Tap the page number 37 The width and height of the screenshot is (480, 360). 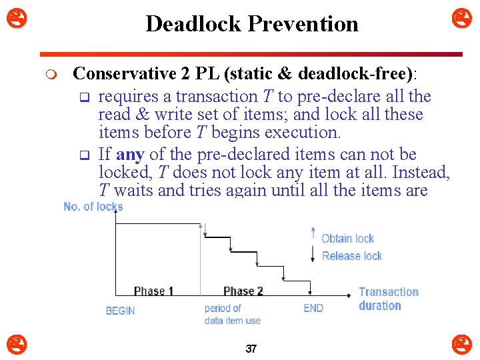tap(251, 349)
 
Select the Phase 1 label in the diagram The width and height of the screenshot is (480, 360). tap(153, 291)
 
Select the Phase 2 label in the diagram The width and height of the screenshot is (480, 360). tap(243, 291)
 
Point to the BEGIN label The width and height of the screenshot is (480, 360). tap(120, 311)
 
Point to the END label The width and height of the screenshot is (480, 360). tap(313, 308)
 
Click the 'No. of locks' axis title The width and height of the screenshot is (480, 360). tap(93, 207)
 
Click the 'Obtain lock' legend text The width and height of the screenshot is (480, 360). tap(348, 239)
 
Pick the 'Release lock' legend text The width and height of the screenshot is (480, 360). tap(352, 256)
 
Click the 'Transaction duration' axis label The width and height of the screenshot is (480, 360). tap(388, 299)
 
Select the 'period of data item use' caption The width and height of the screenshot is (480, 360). tap(232, 314)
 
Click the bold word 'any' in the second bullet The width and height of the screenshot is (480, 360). tap(130, 155)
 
